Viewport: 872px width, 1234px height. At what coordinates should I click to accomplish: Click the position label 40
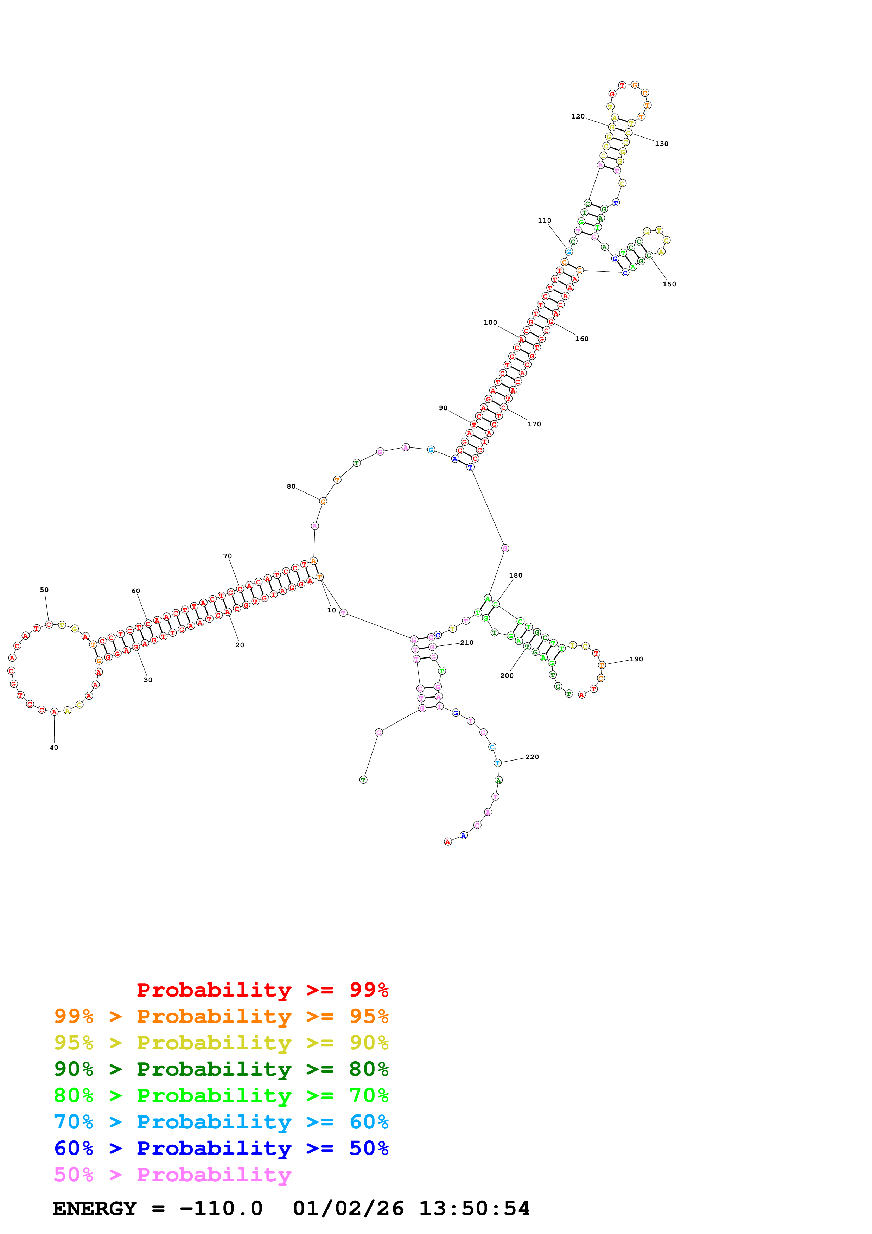click(54, 748)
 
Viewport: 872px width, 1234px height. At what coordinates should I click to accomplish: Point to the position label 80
click(291, 486)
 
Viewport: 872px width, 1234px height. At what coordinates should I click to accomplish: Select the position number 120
click(578, 116)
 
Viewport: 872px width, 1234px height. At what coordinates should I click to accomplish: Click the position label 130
click(661, 144)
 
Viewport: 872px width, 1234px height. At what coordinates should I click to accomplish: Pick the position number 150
click(669, 284)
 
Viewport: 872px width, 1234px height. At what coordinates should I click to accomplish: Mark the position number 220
click(532, 757)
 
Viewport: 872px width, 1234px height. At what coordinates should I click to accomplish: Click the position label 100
click(490, 323)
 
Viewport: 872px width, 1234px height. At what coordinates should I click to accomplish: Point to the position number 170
click(534, 424)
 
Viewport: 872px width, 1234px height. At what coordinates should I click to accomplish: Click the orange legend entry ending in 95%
click(221, 1016)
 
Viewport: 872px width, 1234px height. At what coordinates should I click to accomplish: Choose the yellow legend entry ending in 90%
click(221, 1043)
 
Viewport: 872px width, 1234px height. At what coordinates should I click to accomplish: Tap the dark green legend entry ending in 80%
click(221, 1069)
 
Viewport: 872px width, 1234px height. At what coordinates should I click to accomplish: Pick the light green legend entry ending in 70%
click(221, 1095)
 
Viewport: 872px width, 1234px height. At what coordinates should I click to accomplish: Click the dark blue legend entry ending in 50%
click(221, 1148)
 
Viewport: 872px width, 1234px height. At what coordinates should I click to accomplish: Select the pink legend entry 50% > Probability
click(172, 1174)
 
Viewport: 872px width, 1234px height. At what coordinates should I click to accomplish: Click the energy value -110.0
click(221, 1208)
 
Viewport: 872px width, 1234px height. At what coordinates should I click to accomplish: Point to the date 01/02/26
click(348, 1208)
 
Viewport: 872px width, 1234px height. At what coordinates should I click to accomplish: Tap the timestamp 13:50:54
click(474, 1208)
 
